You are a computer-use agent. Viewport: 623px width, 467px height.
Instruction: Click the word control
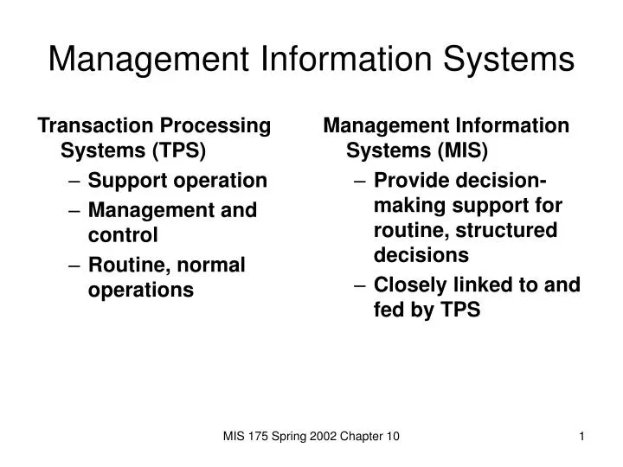123,234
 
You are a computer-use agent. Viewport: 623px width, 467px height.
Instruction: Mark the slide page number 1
582,438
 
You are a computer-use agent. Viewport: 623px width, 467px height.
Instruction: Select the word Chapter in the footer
362,438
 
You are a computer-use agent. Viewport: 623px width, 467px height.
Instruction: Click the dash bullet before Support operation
74,181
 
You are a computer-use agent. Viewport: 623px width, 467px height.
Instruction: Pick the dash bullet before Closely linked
359,285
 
